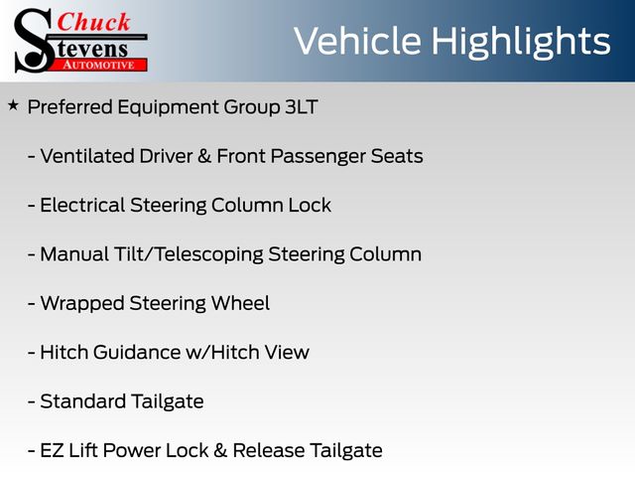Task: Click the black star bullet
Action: pos(13,105)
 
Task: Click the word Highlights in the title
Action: pos(520,43)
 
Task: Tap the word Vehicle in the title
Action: pos(357,41)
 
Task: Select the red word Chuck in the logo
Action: pos(93,22)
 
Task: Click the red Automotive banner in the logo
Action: pos(99,65)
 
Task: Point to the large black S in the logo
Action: pos(34,41)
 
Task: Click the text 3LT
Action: pos(302,107)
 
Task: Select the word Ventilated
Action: pos(87,156)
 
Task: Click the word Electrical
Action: pos(82,206)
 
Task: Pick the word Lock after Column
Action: pos(310,206)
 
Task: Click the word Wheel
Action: pos(240,303)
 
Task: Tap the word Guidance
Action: pos(137,353)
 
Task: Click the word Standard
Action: pos(83,401)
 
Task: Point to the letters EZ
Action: pos(52,450)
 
